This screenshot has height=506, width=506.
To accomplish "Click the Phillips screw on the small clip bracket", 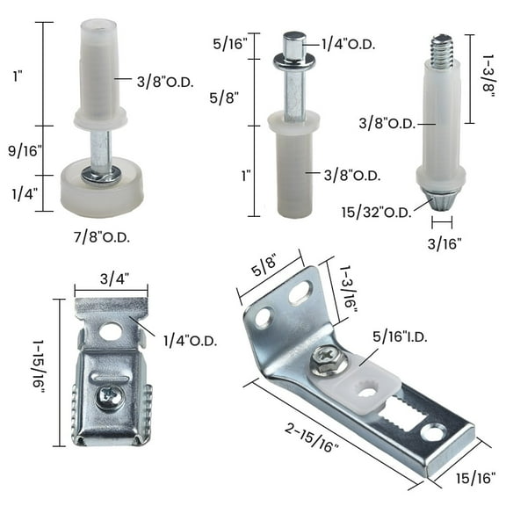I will click(109, 396).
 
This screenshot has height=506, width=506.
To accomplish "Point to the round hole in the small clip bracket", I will click(111, 332).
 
